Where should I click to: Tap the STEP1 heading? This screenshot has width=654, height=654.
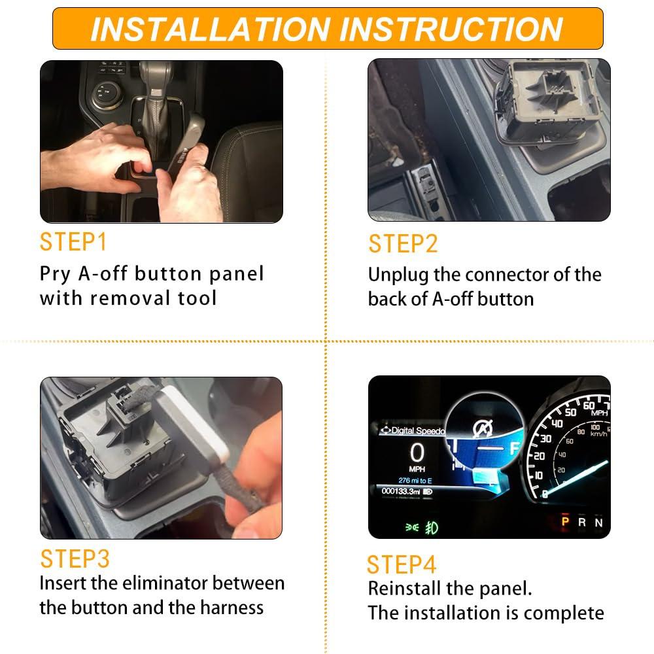point(73,242)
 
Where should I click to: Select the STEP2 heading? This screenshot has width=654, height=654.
point(403,243)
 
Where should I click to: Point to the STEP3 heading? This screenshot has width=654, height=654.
point(75,559)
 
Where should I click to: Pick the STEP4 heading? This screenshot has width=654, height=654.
point(402,565)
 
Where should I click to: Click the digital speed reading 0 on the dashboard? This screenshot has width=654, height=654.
point(417,453)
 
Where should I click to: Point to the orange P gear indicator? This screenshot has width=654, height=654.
point(565,521)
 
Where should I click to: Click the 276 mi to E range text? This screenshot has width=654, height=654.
point(415,481)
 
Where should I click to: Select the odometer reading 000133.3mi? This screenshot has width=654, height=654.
point(401,491)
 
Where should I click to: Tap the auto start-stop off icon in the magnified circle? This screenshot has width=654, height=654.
point(483,429)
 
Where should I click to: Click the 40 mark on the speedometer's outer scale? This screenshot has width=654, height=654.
point(557,424)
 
